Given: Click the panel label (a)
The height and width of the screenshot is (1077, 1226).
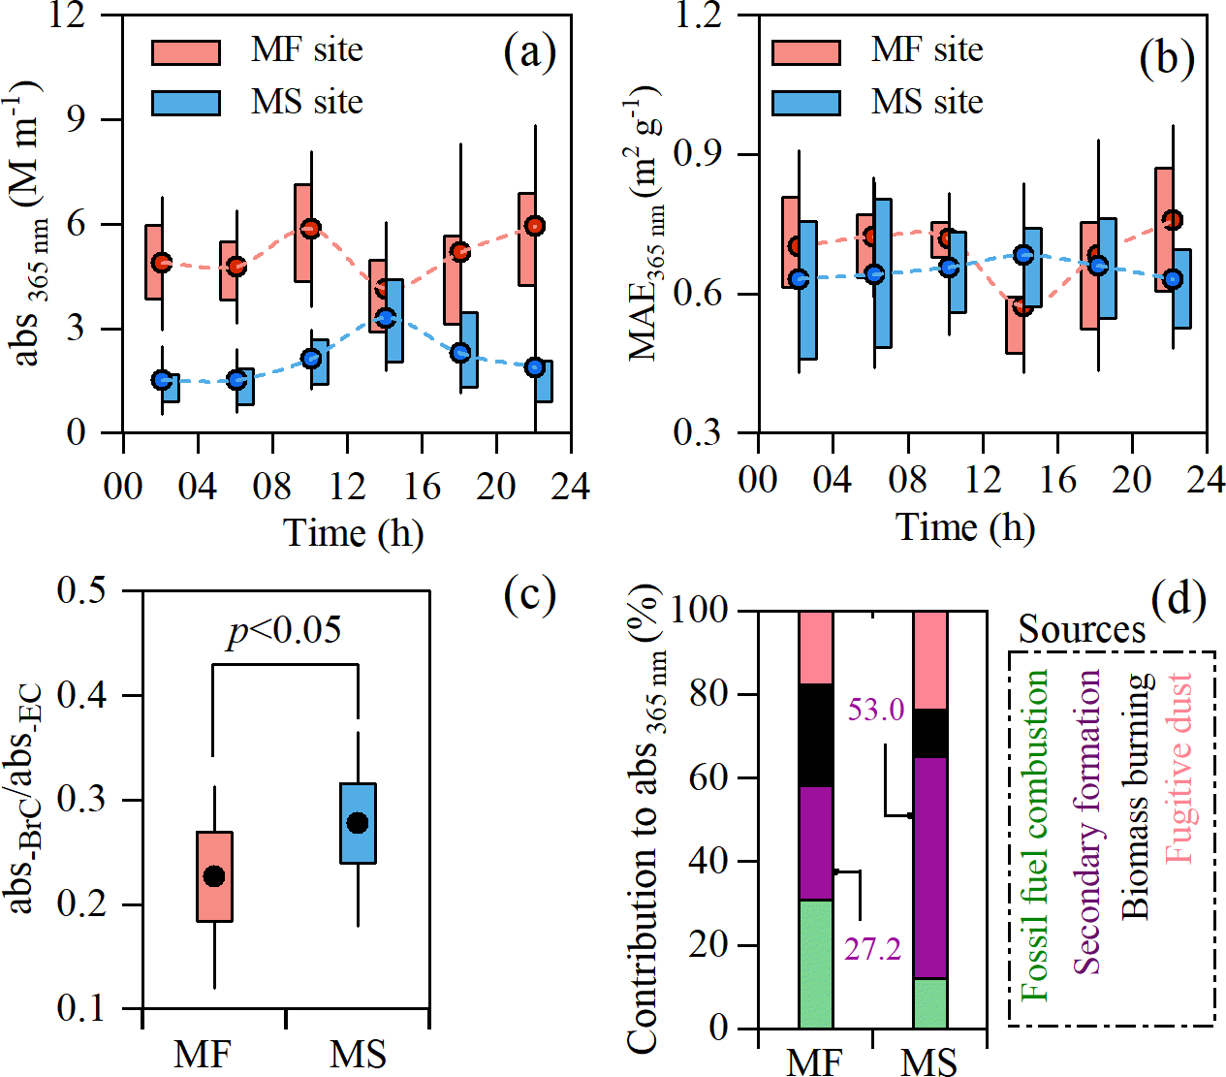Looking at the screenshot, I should coord(529,52).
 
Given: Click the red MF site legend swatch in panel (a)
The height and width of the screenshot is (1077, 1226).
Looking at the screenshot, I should coord(186,51).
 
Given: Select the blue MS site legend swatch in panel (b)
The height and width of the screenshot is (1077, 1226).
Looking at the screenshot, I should coord(805,103).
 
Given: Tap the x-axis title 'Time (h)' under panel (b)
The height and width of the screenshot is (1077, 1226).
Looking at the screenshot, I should coord(965,528).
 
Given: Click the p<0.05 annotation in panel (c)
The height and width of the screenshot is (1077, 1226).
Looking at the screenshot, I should coord(285,631).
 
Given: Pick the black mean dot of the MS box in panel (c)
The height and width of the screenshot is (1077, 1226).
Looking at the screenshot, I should coord(358,823).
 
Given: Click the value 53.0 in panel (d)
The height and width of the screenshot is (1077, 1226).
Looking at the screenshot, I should coord(875,710).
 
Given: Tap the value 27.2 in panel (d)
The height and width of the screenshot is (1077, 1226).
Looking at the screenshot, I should coord(872,949).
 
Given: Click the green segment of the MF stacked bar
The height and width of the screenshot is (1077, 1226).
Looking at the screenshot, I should coord(816,964).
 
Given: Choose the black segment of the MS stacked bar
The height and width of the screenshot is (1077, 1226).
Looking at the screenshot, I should coord(931,733).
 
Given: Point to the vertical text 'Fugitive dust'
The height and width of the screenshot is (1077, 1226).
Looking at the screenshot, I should coord(1178,768).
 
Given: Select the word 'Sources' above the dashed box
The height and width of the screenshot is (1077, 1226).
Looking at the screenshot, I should coord(1082,630).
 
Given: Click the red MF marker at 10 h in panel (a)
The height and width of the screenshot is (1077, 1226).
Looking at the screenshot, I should coord(310,229).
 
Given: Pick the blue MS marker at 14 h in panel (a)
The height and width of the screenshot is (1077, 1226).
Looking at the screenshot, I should coord(386,317).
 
